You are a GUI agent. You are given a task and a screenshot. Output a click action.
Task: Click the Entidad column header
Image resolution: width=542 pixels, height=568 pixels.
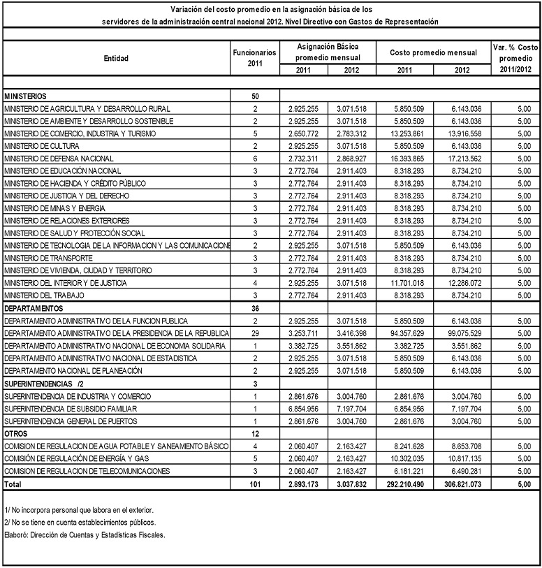coord(116,58)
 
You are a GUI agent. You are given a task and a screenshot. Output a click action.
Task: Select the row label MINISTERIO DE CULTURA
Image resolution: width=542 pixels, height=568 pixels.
coord(42,146)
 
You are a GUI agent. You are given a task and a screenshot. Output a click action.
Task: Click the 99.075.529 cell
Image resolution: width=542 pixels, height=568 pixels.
coord(462,333)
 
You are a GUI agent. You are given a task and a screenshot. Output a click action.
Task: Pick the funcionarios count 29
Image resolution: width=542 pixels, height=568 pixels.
coord(255,333)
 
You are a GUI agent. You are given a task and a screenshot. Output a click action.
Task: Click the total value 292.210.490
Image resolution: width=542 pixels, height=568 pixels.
coord(401,483)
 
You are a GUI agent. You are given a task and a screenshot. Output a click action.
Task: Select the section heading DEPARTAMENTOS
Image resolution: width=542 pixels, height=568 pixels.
coord(34,308)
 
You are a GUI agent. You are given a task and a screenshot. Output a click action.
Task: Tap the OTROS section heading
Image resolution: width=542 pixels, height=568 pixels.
coord(17,433)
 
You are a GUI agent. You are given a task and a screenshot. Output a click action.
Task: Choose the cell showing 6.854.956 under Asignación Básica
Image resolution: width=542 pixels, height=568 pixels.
coord(302,408)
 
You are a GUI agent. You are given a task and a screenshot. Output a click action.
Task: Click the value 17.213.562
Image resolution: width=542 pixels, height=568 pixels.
coord(462,159)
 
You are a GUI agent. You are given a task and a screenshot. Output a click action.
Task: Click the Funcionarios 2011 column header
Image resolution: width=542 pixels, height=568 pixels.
coord(255,58)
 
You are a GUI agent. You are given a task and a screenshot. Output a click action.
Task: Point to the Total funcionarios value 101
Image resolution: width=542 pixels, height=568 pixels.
coord(255,483)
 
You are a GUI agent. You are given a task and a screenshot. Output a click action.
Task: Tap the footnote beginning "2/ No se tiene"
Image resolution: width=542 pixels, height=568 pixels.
coord(80,523)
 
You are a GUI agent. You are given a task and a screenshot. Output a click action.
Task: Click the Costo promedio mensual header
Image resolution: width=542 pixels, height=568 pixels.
coord(433,52)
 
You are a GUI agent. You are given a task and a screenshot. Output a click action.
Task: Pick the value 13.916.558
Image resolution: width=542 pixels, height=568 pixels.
coord(462,133)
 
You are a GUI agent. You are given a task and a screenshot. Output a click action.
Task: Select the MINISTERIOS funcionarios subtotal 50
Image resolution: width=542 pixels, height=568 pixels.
coord(255,96)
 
